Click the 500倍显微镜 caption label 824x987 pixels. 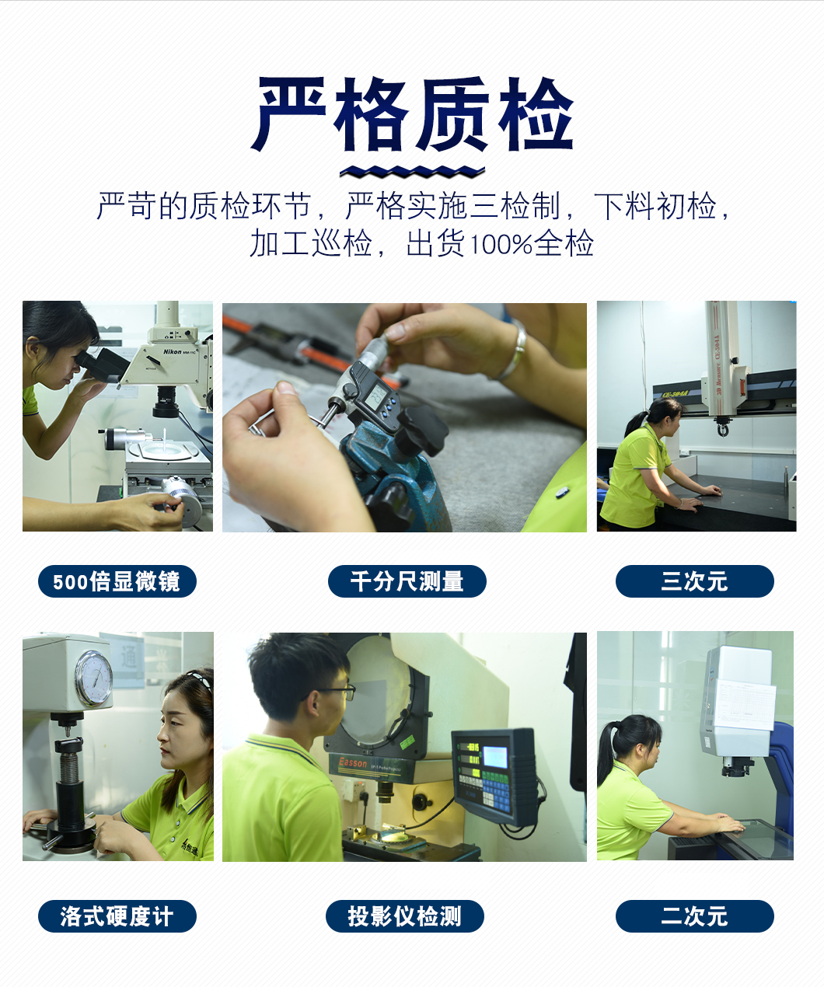click(x=117, y=581)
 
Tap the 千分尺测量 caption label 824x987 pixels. click(x=407, y=581)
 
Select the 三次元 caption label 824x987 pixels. click(x=694, y=581)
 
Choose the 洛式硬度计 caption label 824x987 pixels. click(x=117, y=916)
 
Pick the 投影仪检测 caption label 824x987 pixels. click(x=405, y=916)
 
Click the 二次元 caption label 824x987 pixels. click(x=694, y=916)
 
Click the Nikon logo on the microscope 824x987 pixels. click(x=173, y=352)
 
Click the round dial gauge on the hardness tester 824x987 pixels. click(x=94, y=678)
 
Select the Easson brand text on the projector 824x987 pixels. click(x=353, y=762)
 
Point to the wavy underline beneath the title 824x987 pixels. click(x=412, y=172)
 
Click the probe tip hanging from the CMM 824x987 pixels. click(x=722, y=429)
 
